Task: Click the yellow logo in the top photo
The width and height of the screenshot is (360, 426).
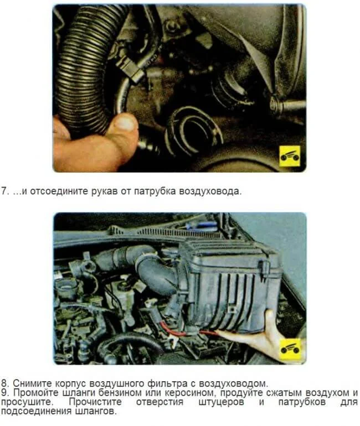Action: [x=290, y=156]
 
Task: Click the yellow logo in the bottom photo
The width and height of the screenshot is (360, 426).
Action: [x=290, y=349]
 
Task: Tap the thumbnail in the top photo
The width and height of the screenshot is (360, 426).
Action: [x=124, y=122]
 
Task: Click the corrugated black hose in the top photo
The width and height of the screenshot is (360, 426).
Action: [x=87, y=68]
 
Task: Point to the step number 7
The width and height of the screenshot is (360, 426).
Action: [x=5, y=191]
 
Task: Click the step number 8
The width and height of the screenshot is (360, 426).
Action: [x=5, y=383]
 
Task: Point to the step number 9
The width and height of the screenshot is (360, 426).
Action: [x=5, y=393]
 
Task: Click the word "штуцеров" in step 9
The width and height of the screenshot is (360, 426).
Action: [x=221, y=402]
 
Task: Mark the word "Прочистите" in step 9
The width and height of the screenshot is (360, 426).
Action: [x=95, y=402]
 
